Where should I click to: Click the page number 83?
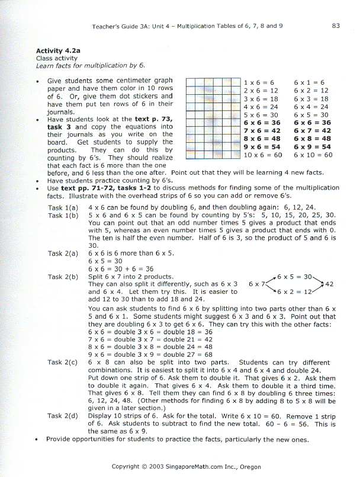[336, 25]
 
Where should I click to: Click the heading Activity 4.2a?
[57, 51]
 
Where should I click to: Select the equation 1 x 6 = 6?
[259, 83]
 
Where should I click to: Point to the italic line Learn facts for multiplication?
[91, 65]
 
